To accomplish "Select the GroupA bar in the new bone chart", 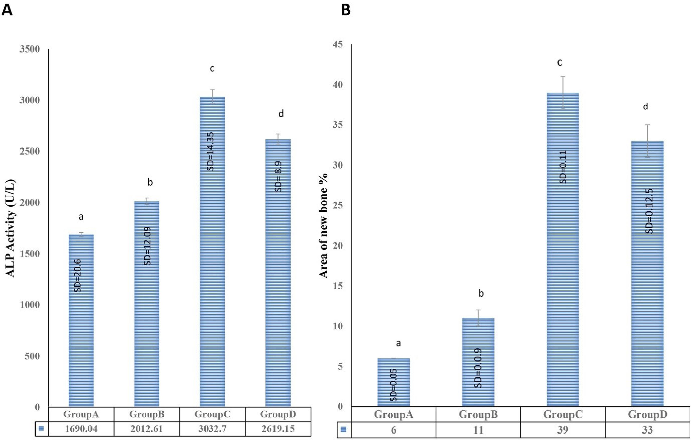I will (393, 382).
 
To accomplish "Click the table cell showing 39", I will (563, 430).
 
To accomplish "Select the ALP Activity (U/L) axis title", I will (11, 228).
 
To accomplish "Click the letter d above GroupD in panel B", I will (646, 107).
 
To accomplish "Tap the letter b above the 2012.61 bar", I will (150, 182).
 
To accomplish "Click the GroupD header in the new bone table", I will (647, 414).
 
